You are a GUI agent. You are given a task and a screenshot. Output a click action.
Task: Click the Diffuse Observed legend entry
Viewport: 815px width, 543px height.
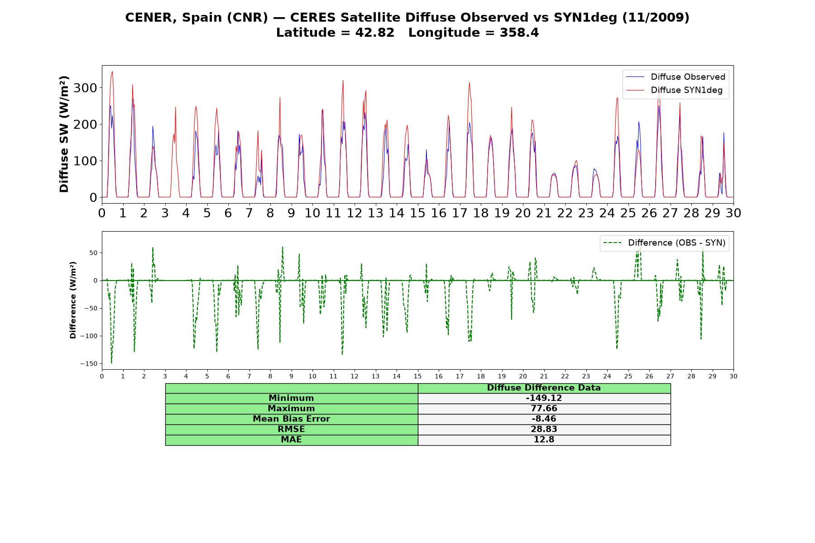click(675, 77)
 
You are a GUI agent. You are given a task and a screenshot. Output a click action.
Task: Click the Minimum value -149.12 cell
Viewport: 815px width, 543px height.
click(544, 398)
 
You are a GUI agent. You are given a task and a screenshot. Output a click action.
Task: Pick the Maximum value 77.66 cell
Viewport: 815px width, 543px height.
click(544, 409)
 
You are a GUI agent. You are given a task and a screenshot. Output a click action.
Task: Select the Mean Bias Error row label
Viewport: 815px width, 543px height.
click(291, 419)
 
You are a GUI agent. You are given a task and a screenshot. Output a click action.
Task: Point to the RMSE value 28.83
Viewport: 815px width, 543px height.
click(544, 429)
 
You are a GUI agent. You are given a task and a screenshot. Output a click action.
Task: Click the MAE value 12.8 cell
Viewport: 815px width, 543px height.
click(544, 440)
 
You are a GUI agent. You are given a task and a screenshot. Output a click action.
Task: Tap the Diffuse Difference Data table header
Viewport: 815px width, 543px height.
click(544, 388)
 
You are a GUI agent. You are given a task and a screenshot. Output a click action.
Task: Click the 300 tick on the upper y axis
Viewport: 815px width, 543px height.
click(85, 88)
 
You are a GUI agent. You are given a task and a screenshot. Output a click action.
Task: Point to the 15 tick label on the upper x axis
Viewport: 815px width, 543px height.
click(417, 213)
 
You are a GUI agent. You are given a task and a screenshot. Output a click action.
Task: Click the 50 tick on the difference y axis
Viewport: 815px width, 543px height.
click(93, 252)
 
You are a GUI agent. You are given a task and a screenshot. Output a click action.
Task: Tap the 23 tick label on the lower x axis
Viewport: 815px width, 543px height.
click(586, 376)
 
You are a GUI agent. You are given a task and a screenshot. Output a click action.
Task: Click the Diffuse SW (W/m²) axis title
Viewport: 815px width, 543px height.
click(64, 134)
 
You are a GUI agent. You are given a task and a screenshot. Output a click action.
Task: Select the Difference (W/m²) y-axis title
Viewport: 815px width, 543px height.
click(73, 300)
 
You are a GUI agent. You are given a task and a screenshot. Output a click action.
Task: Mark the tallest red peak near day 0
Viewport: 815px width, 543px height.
click(112, 71)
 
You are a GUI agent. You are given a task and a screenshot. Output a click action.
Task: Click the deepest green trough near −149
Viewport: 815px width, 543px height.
click(111, 363)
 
